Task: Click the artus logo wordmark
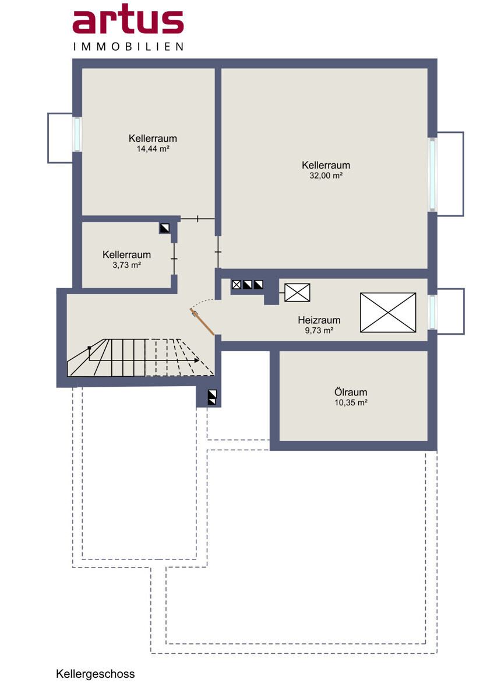pos(128,19)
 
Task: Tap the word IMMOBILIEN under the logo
pos(128,47)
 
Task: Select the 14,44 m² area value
pos(153,149)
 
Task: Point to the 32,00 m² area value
pos(326,176)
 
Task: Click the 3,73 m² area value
pos(126,265)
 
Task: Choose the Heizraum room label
pos(319,320)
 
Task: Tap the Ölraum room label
pos(351,392)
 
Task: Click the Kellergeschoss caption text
pos(96,674)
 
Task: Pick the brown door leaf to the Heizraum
pos(202,322)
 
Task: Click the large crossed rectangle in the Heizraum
pos(388,312)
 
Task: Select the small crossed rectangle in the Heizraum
pos(298,292)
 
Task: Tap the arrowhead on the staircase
pos(196,360)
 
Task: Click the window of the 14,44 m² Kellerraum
pos(77,134)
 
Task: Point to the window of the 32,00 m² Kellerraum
pos(432,174)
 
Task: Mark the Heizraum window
pos(432,312)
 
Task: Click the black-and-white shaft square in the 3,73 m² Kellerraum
pos(164,228)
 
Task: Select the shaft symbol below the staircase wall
pos(212,397)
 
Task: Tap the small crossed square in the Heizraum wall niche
pos(237,285)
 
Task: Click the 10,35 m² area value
pos(351,402)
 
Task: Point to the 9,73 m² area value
pos(319,330)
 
